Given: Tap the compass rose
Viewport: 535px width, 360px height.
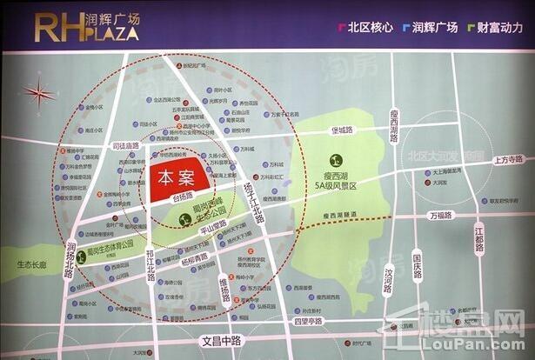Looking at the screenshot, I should (x=40, y=91).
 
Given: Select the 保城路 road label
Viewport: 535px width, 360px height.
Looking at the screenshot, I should (x=342, y=130).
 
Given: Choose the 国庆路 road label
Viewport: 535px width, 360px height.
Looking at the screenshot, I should (x=418, y=265).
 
